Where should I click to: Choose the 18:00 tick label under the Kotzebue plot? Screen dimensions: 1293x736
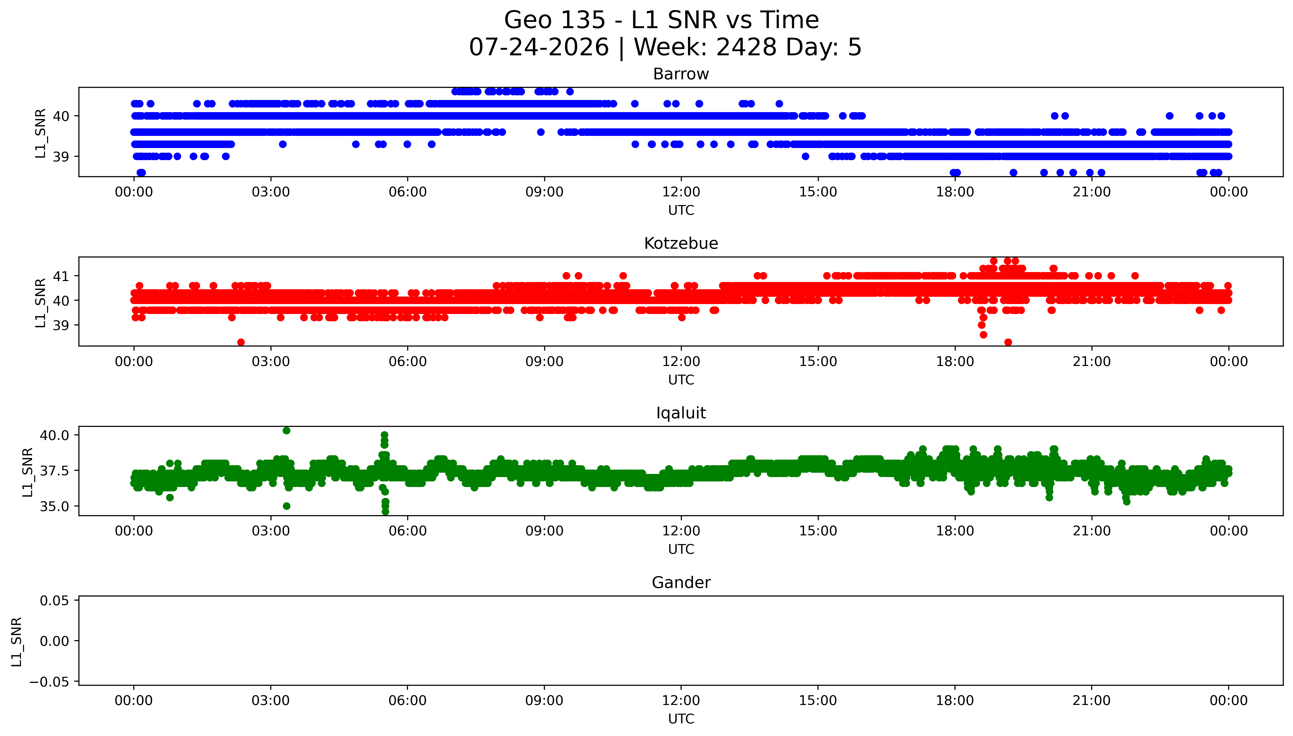[x=955, y=361]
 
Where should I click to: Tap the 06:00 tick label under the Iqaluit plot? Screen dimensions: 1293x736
[x=408, y=531]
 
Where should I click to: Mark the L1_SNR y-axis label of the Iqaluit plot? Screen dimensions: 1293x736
[x=28, y=472]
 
